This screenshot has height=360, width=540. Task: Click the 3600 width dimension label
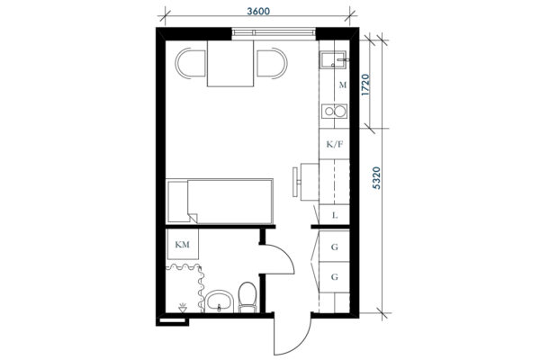tap(258, 12)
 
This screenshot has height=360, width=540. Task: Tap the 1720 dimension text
tap(365, 85)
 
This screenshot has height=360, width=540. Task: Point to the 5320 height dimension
tap(377, 178)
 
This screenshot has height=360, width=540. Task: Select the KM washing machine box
tap(183, 244)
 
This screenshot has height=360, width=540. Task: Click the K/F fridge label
tap(335, 144)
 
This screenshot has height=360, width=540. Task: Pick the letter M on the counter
tap(342, 85)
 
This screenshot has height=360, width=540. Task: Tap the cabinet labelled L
tap(335, 215)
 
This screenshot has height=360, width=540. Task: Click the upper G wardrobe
tap(335, 247)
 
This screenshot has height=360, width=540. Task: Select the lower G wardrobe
tap(335, 277)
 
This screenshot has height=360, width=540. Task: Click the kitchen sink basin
tap(333, 59)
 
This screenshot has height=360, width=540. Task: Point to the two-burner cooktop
tap(335, 111)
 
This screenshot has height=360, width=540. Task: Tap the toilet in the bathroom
tap(247, 297)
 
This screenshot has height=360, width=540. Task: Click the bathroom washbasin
tap(220, 301)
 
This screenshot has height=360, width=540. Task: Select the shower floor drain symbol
tap(183, 308)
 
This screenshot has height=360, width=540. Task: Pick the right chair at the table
tap(272, 64)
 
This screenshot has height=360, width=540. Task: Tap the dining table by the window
tap(230, 63)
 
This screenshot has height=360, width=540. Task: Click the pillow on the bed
tap(178, 202)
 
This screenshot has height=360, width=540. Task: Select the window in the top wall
tap(274, 33)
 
